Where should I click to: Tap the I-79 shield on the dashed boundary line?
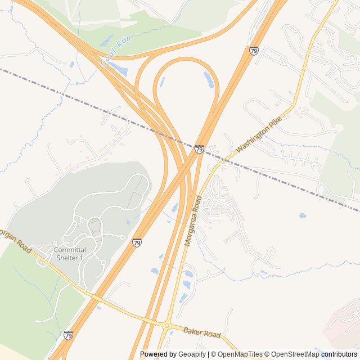click(199, 149)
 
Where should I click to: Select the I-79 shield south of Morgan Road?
click(68, 335)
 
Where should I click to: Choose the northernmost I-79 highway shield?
click(254, 51)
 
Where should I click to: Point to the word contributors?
click(339, 354)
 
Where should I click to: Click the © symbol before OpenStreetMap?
click(268, 354)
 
